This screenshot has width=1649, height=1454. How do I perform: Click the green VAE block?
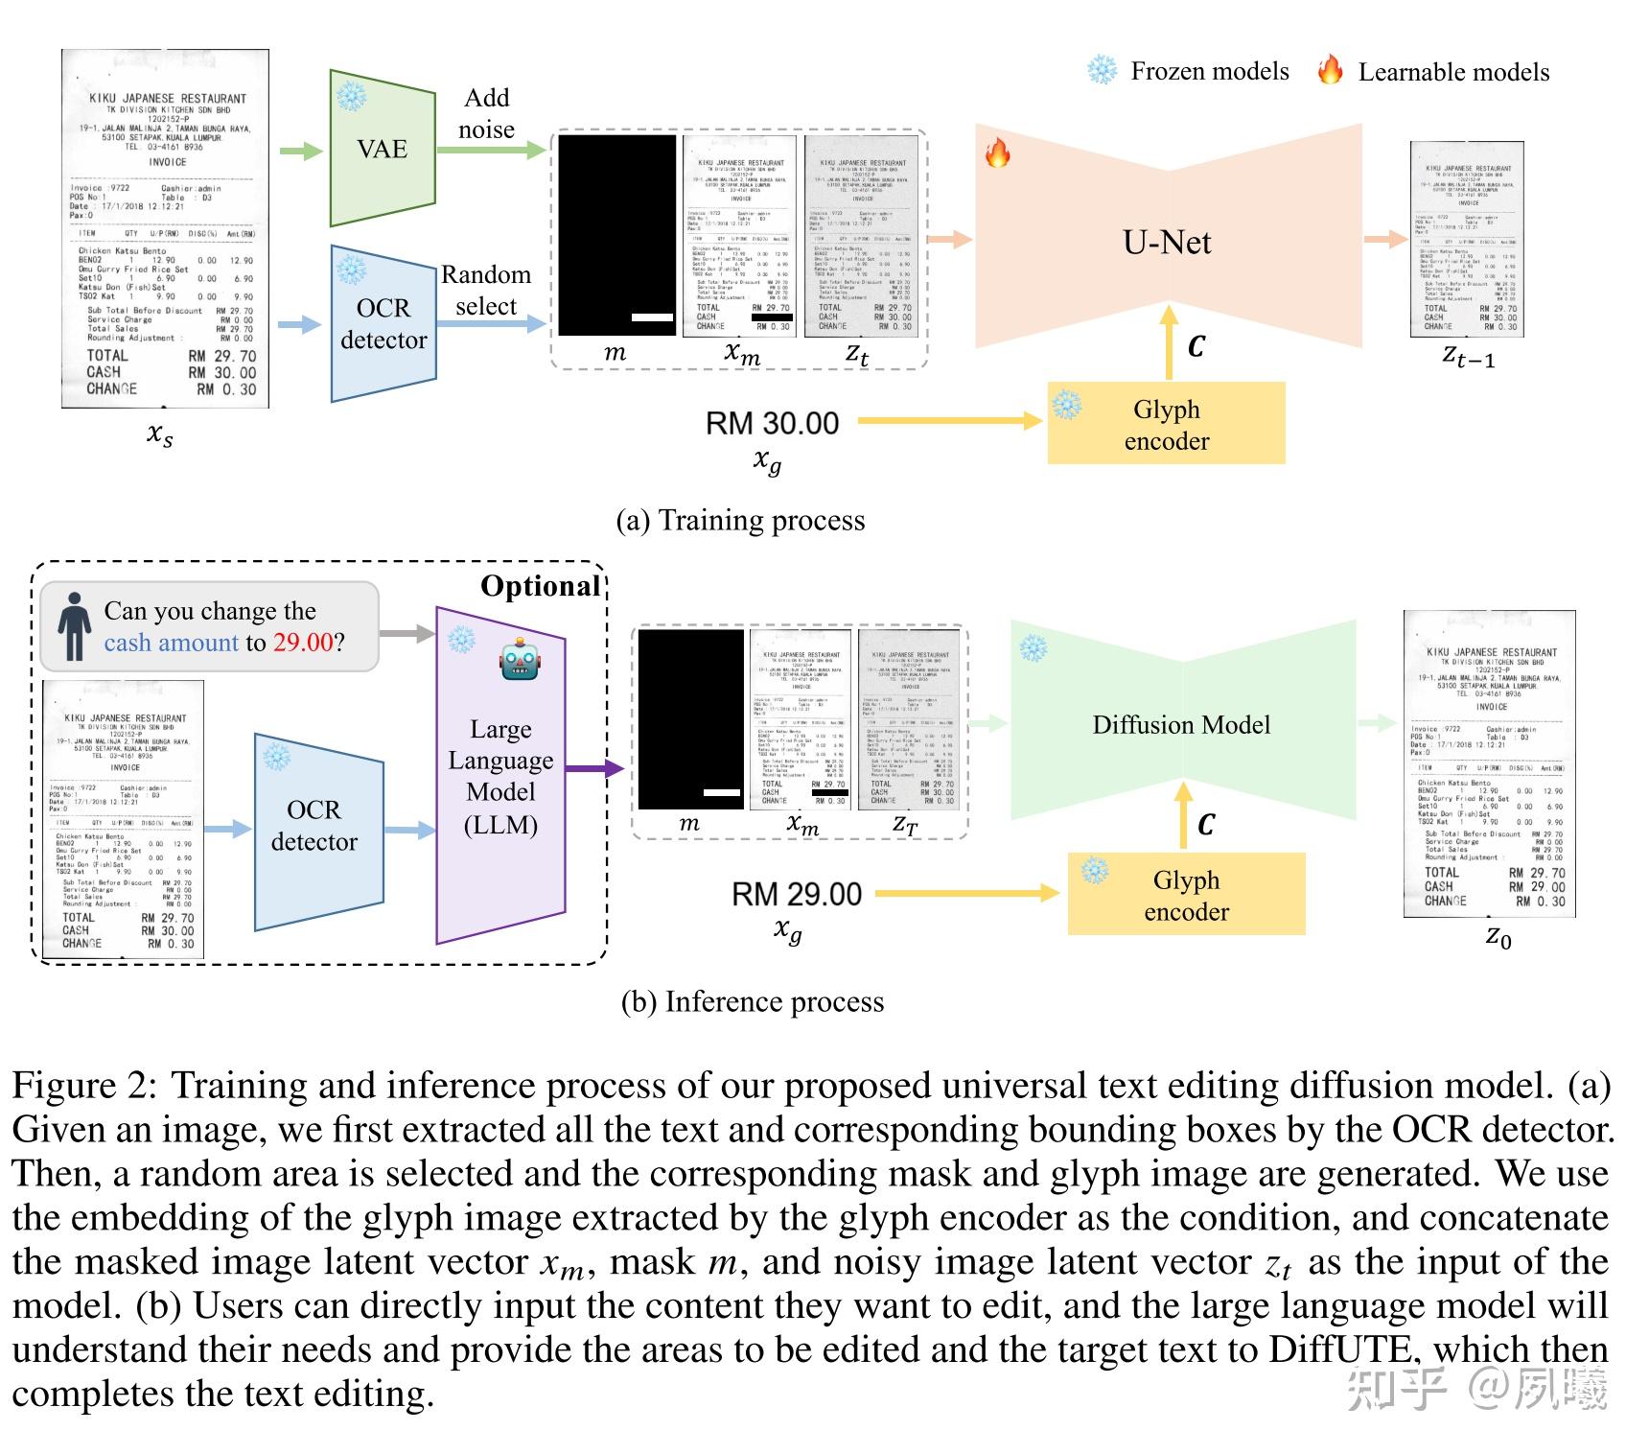tap(382, 148)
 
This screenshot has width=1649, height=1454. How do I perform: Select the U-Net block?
tap(1167, 243)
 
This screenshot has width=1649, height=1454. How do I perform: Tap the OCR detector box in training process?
tap(383, 323)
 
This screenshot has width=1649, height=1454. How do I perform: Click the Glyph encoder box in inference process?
tap(1186, 895)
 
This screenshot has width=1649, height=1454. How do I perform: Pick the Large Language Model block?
tap(499, 777)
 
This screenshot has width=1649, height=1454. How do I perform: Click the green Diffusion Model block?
tap(1181, 724)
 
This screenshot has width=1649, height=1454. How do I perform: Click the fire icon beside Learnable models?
tap(1330, 70)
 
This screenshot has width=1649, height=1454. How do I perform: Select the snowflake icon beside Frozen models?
tap(1102, 70)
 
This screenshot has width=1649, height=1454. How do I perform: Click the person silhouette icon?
tap(74, 626)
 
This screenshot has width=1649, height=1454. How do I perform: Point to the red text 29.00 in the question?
tap(303, 642)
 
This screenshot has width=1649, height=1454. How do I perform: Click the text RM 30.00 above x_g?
tap(772, 423)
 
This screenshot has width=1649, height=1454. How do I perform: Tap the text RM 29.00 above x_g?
tap(796, 894)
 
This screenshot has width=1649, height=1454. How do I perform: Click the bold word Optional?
tap(540, 586)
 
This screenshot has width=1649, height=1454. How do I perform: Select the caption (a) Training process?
tap(740, 520)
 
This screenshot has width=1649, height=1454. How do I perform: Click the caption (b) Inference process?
tap(753, 1001)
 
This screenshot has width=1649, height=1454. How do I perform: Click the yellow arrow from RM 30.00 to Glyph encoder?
tap(949, 420)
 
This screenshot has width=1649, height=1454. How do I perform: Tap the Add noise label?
tap(486, 113)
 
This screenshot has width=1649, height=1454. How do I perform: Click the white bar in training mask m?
tap(653, 317)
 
